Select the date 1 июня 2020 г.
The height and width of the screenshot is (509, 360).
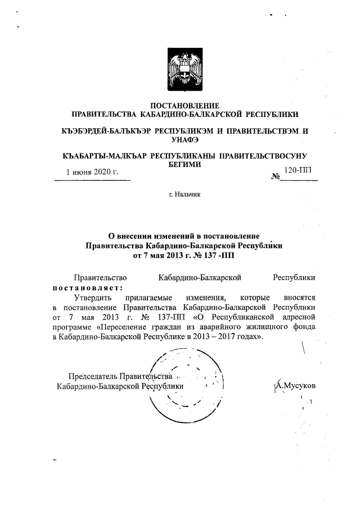pos(92,172)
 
